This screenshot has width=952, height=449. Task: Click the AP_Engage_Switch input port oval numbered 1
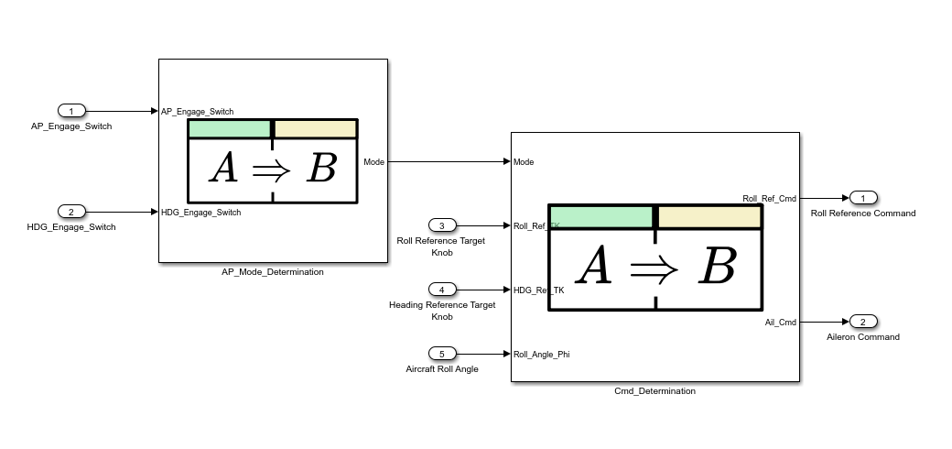pos(71,111)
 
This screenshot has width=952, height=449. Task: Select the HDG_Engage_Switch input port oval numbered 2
pos(71,212)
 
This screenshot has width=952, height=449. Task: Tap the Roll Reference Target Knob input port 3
pos(442,225)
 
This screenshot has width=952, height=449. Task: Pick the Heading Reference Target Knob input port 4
pos(442,290)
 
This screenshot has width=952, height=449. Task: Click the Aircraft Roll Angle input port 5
pos(442,354)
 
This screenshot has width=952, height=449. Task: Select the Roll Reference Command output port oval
pos(863,198)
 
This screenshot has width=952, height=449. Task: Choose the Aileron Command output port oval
pos(863,322)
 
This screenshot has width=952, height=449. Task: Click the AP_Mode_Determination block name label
pos(273,272)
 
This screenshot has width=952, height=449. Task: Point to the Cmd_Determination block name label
pos(654,391)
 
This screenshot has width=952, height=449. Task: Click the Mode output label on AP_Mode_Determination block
pos(373,162)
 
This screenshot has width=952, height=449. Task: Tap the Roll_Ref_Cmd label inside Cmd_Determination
pos(769,198)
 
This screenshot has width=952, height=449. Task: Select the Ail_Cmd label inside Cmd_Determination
pos(780,322)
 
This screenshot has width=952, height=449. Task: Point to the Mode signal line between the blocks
pos(449,161)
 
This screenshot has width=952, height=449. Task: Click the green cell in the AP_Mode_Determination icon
pos(229,129)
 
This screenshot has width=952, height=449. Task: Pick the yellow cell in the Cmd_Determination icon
pos(710,217)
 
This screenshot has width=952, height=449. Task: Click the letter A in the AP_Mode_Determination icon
pos(224,169)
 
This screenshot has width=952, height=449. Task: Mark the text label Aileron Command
pos(862,337)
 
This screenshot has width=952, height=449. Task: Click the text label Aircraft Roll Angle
pos(442,369)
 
